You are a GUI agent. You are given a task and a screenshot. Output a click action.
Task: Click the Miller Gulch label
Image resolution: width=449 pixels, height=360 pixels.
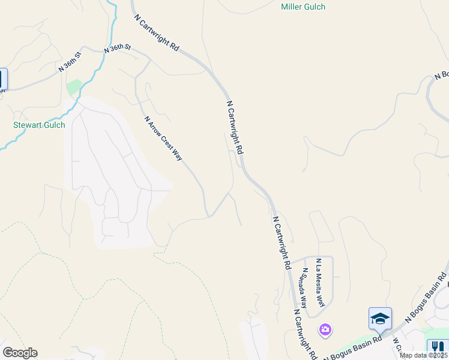coord(303,7)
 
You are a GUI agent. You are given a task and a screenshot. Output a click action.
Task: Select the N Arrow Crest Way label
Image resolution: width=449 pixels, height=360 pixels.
coord(163,138)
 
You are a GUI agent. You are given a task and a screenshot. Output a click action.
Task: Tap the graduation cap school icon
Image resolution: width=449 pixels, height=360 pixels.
coord(380,318)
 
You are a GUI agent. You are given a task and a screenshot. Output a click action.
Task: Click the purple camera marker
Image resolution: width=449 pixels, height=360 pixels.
coord(325,329)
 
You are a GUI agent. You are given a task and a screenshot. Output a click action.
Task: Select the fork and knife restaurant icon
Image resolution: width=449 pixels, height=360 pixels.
coord(437,347)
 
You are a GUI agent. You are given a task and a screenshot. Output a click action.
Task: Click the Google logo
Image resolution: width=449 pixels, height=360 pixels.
coord(20,353)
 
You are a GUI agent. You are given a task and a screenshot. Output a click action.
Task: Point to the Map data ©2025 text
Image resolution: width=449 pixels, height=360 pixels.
coord(424,355)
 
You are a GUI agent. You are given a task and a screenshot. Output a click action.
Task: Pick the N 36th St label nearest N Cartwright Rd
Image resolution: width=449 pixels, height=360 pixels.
coord(117,49)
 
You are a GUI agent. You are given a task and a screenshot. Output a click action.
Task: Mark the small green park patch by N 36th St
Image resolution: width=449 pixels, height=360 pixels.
coord(74,88)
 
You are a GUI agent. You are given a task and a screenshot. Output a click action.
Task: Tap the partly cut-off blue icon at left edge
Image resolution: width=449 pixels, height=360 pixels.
coord(2,79)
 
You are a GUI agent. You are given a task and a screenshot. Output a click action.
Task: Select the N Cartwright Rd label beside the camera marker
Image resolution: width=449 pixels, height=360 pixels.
coord(305,334)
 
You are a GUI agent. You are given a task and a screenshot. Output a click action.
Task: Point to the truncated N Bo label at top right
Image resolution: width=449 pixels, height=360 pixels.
coord(442,75)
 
